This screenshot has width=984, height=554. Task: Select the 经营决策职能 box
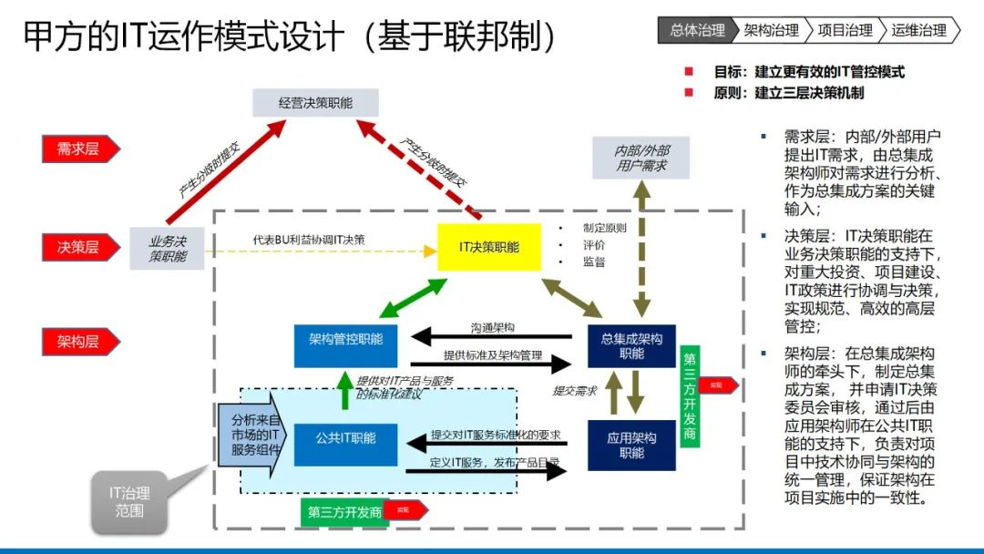click(315, 103)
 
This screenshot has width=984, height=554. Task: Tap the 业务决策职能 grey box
click(167, 248)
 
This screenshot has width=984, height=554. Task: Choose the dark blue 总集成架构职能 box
click(630, 346)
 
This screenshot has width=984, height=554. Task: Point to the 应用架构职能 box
click(630, 445)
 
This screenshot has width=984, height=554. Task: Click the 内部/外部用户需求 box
click(641, 159)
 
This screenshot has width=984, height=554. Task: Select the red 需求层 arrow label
click(80, 149)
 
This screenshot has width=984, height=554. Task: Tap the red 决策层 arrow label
click(80, 246)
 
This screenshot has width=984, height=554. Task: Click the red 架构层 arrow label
click(80, 342)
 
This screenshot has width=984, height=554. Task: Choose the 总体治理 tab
click(697, 30)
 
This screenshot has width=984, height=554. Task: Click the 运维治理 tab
click(918, 30)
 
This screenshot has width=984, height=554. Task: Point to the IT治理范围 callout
click(129, 502)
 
